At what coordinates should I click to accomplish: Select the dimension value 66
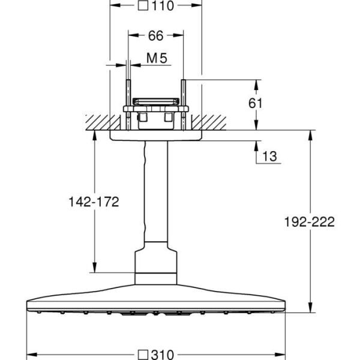click(155, 35)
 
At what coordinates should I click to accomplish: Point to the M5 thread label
click(156, 58)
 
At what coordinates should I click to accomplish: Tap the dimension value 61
click(256, 103)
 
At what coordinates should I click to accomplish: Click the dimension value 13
click(269, 157)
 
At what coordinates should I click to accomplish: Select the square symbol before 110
click(142, 7)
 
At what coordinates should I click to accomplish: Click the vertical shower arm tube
click(155, 192)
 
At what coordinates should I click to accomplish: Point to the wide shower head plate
click(155, 300)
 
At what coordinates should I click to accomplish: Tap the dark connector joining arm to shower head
click(155, 264)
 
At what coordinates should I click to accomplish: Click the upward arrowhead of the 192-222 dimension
click(310, 134)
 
